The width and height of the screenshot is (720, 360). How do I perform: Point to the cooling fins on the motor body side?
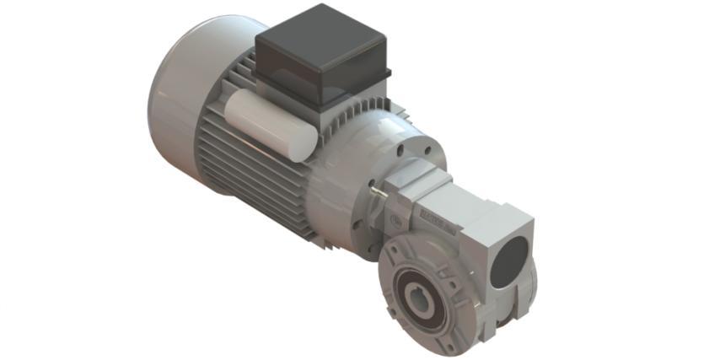tap(244, 177)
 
